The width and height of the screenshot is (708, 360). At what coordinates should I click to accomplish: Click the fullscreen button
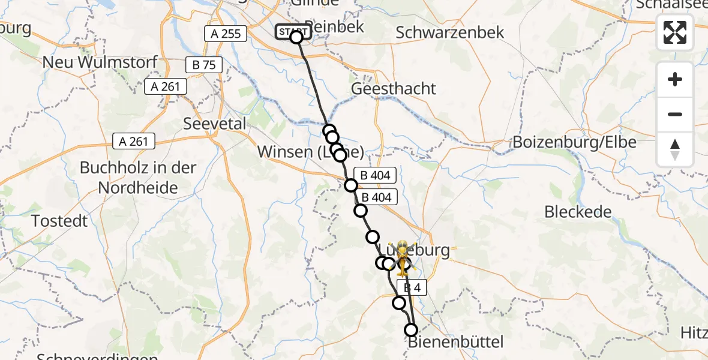coord(675,32)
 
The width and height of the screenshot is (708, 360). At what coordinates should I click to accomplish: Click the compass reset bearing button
coord(675,149)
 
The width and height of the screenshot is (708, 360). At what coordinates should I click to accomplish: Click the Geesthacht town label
coord(394,88)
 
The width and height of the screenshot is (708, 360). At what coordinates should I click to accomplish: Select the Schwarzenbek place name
coord(450,32)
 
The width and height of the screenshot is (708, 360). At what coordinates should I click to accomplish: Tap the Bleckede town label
coord(578,212)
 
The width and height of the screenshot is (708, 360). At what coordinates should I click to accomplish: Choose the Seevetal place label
coord(215,124)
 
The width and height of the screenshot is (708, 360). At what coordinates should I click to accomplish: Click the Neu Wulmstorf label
coord(100,62)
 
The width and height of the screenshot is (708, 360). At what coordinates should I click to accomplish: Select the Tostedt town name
coord(59,221)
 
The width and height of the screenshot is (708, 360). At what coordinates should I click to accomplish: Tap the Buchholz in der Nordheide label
coord(138,178)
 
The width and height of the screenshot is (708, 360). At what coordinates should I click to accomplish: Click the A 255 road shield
coord(226,34)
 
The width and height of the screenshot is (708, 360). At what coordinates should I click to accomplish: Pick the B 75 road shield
coord(204,65)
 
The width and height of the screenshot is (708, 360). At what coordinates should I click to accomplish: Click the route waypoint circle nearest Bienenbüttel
coord(411,329)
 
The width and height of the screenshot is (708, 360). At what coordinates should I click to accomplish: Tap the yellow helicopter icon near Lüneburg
coord(401,259)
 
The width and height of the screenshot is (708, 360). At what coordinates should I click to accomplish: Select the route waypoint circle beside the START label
coord(296,37)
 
